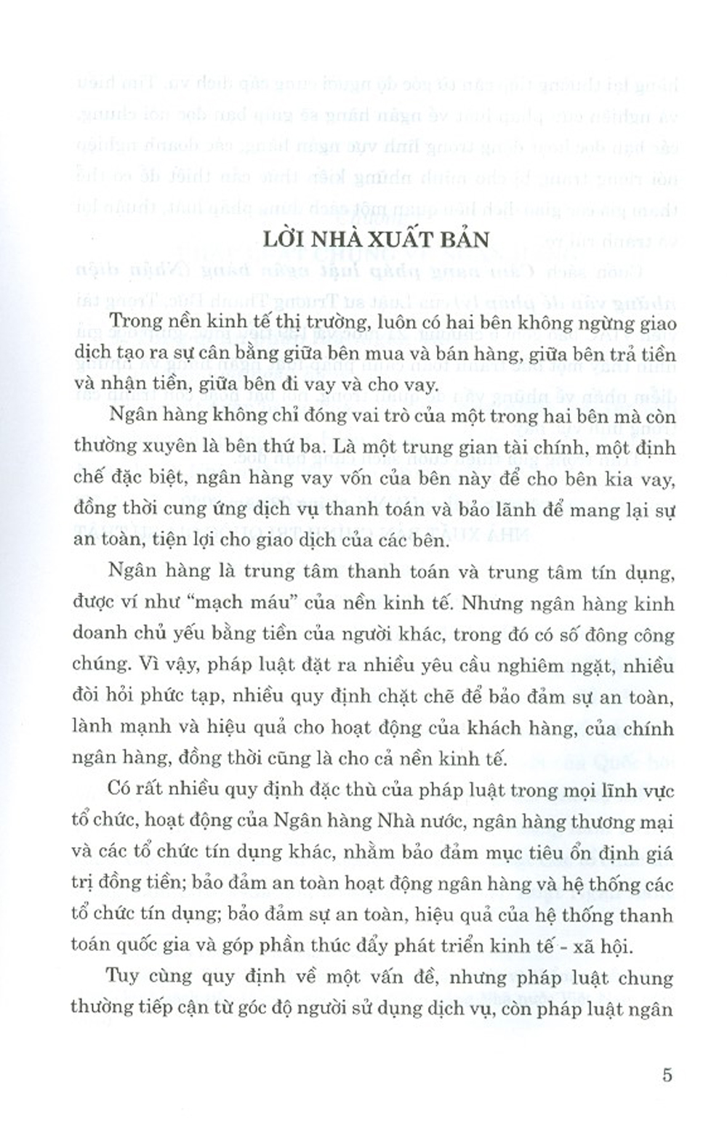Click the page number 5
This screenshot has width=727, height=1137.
[x=667, y=1075]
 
